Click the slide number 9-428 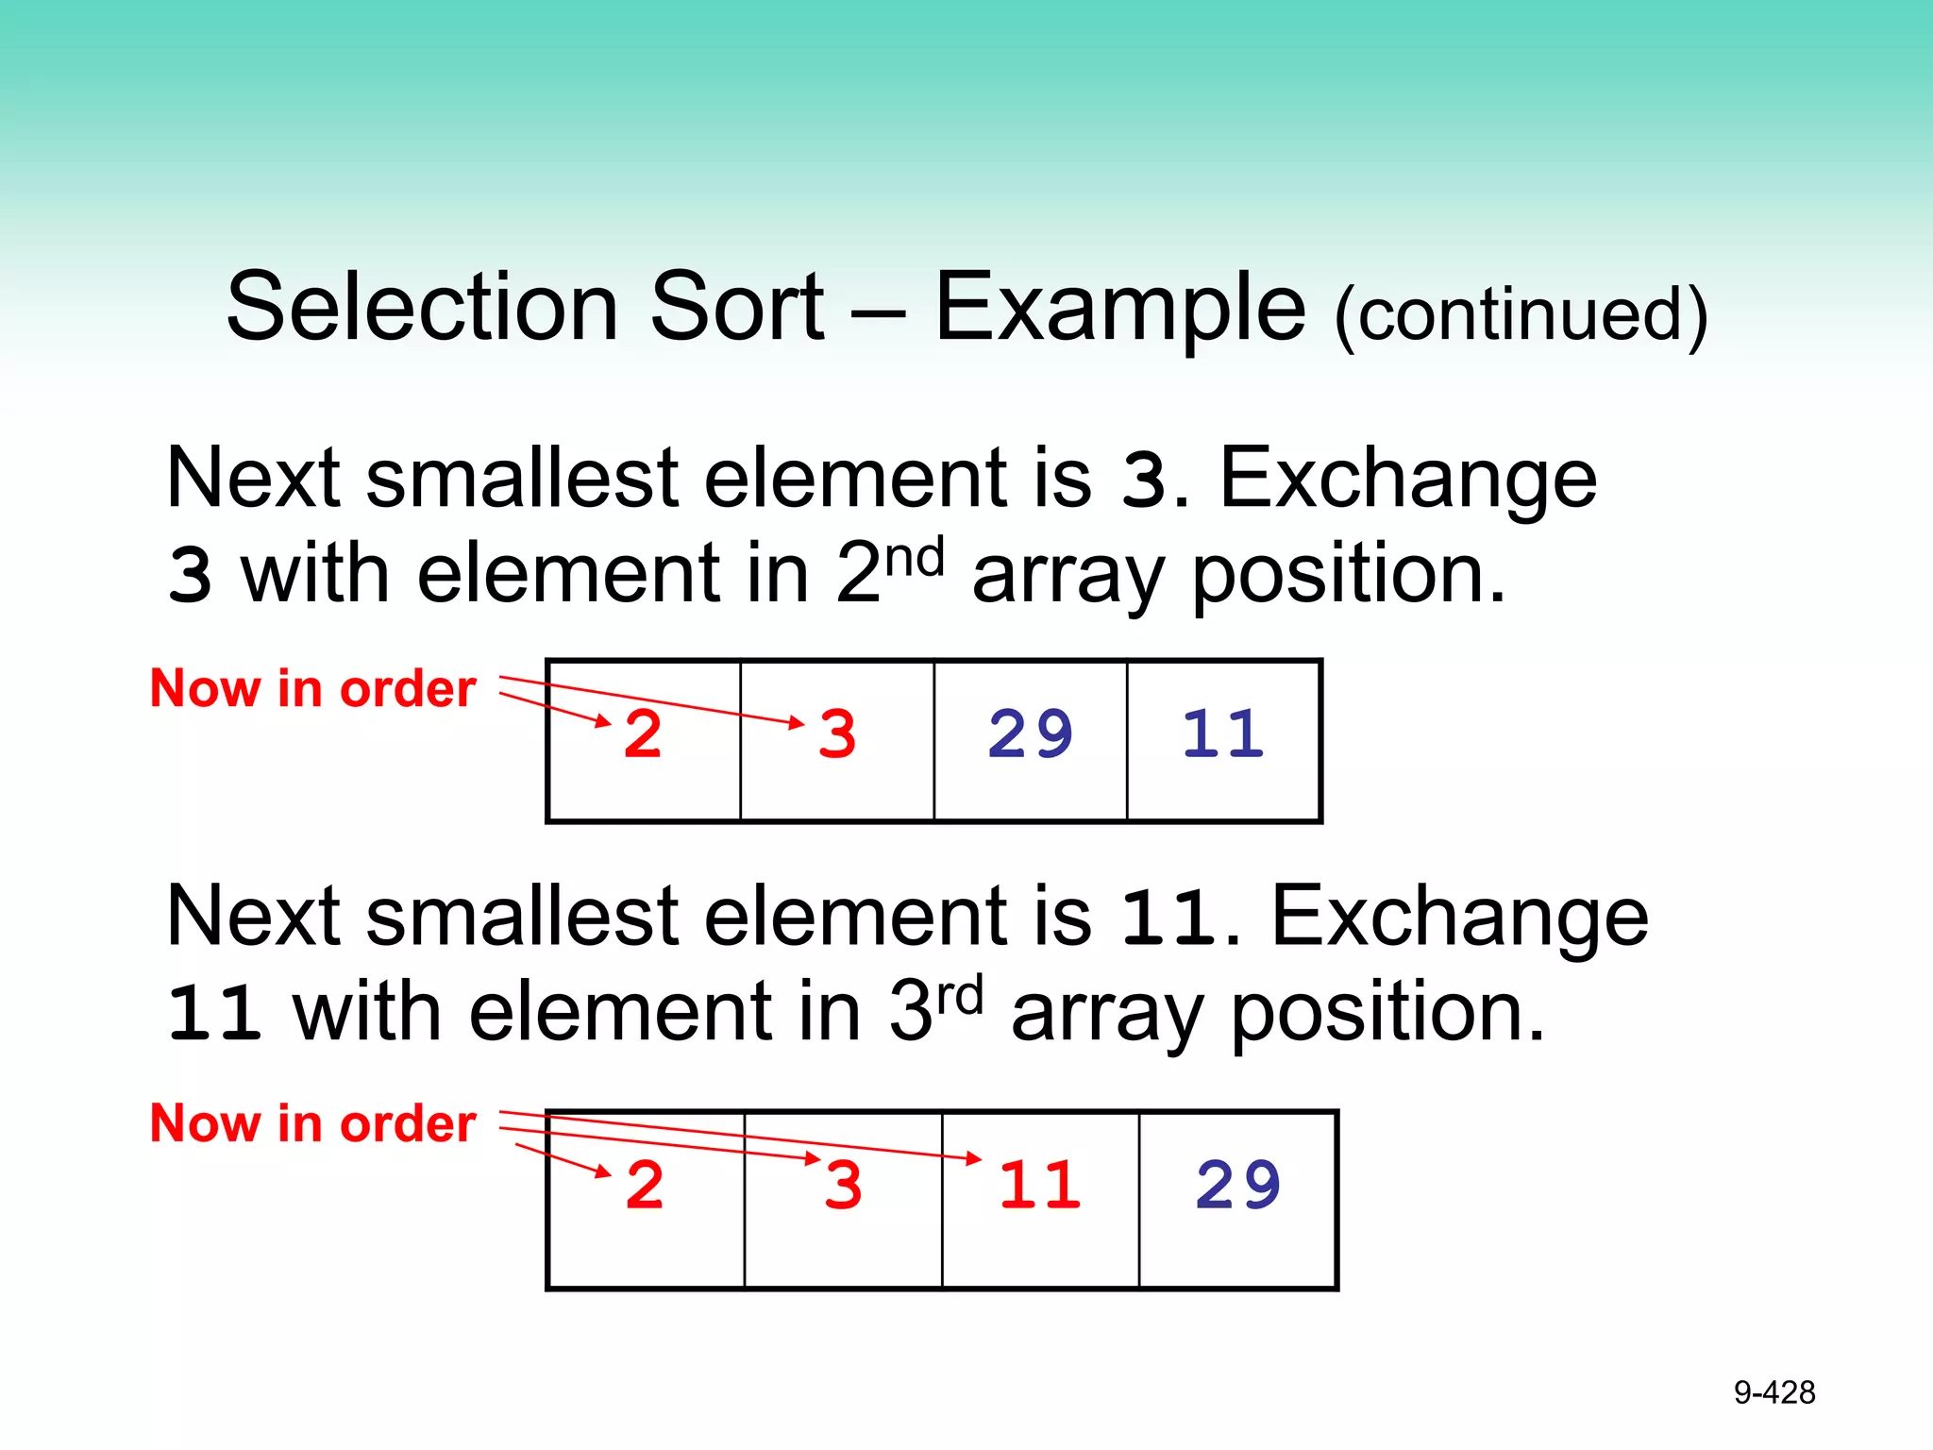(1774, 1392)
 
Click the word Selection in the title (422, 307)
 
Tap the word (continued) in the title (1521, 314)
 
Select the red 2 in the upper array (643, 734)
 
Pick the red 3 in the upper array (837, 734)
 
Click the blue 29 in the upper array (1031, 734)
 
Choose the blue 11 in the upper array (1223, 734)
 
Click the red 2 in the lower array (645, 1186)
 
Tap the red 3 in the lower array (843, 1186)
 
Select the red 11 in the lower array (1040, 1186)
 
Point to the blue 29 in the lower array (1238, 1186)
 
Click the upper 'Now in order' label (312, 688)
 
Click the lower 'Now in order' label (312, 1123)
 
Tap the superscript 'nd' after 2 (915, 557)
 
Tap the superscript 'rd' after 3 (959, 995)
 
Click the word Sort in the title (737, 307)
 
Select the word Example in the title (1120, 307)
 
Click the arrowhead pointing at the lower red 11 (975, 1158)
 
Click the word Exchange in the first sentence (1407, 479)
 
